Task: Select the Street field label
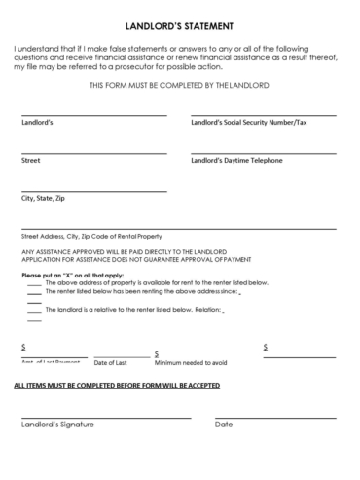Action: click(30, 160)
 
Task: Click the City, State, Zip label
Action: click(43, 198)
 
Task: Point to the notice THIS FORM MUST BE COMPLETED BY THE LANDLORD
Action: click(179, 86)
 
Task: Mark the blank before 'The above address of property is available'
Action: click(34, 283)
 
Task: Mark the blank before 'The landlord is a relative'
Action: click(34, 312)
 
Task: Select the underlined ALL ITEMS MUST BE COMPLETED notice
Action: click(116, 386)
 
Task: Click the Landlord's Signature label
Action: click(57, 425)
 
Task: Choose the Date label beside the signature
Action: click(224, 425)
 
